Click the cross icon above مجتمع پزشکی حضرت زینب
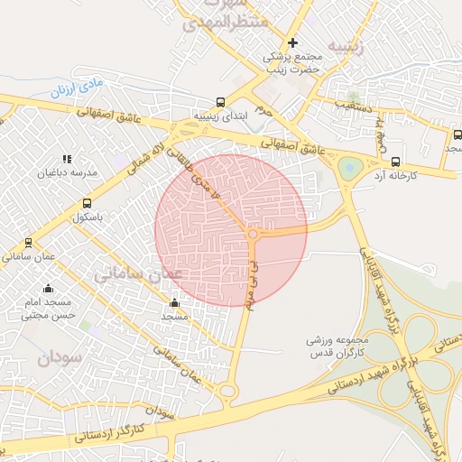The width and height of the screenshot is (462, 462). point(292,42)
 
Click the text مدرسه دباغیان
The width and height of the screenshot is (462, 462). point(68,171)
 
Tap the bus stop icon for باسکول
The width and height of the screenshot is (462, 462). point(87,204)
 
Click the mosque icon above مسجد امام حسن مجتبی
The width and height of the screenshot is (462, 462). point(48,288)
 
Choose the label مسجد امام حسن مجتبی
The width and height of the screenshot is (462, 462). point(47,309)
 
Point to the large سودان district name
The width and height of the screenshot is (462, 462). point(59,357)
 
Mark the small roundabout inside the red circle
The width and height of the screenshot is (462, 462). point(254,235)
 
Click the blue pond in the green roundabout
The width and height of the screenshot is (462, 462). point(348,168)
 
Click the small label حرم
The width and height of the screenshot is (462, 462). point(263,109)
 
